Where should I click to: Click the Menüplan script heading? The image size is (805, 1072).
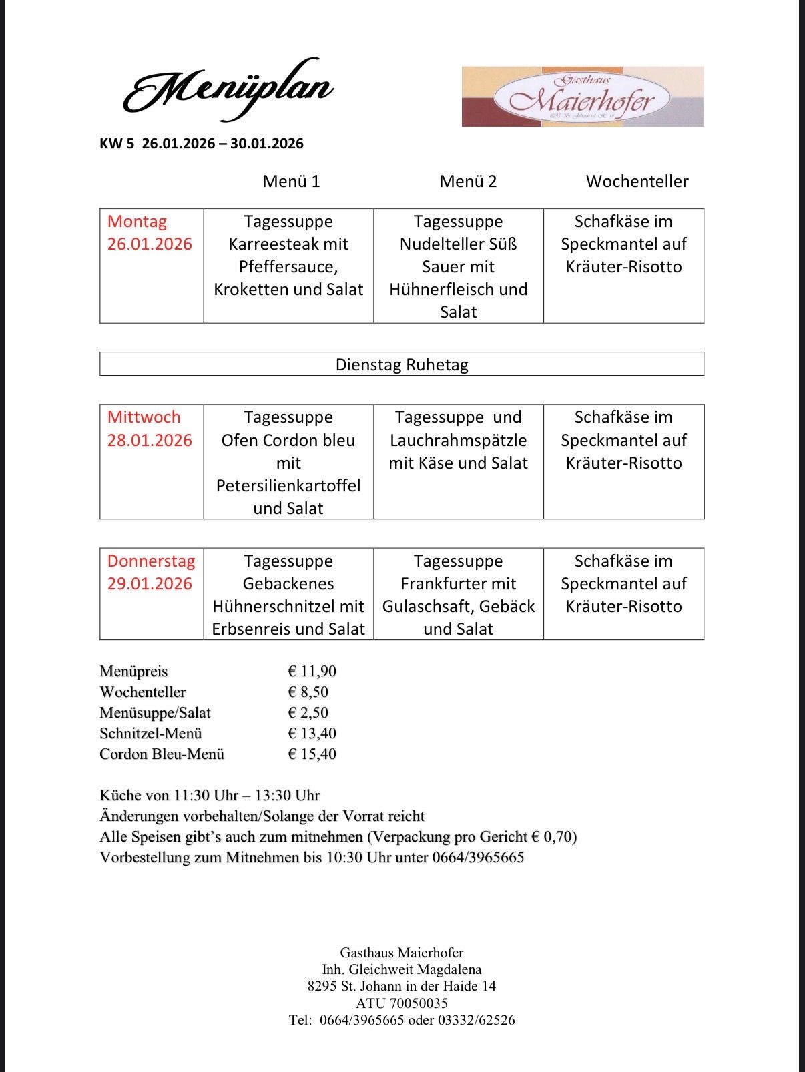click(x=228, y=90)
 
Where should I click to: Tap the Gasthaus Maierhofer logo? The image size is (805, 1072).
click(x=582, y=97)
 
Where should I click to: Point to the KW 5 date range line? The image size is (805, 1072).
click(x=202, y=144)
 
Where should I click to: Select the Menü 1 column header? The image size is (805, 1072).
click(x=291, y=182)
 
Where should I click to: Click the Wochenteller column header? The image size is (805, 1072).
click(x=637, y=182)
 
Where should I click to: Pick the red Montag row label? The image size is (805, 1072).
click(x=137, y=222)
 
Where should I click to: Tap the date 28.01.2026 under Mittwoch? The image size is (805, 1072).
click(x=150, y=441)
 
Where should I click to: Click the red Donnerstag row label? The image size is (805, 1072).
click(x=151, y=561)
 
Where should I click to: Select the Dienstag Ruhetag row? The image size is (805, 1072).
click(x=402, y=364)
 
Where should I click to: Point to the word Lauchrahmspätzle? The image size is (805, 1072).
click(x=458, y=441)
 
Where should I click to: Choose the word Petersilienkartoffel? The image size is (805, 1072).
click(x=288, y=486)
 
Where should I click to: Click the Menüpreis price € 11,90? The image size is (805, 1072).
click(x=312, y=672)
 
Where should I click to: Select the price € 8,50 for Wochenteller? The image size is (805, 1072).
click(x=308, y=692)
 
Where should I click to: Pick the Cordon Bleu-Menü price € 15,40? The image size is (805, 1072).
click(x=312, y=754)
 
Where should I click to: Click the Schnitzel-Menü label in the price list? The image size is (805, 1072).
click(x=151, y=734)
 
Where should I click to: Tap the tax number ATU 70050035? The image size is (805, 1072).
click(x=402, y=1003)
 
